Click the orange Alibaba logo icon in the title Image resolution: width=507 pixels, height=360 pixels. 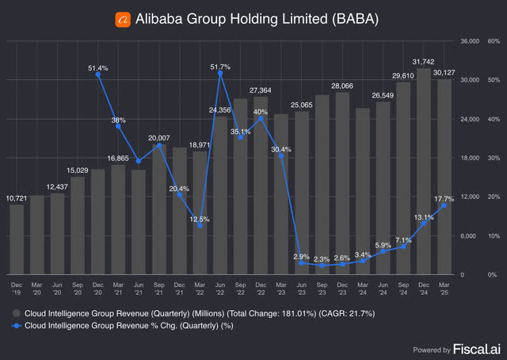click(123, 17)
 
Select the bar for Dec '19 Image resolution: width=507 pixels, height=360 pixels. click(17, 239)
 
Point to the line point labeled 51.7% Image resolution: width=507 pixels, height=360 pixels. click(220, 74)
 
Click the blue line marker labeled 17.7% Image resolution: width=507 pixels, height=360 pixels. click(446, 205)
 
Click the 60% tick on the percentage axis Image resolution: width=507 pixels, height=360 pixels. click(494, 40)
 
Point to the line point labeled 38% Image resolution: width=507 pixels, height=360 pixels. click(118, 126)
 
